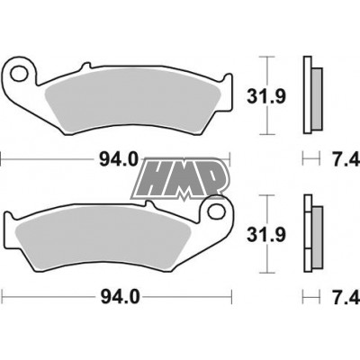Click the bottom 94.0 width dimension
click(x=118, y=294)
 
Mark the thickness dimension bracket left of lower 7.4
click(x=310, y=294)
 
